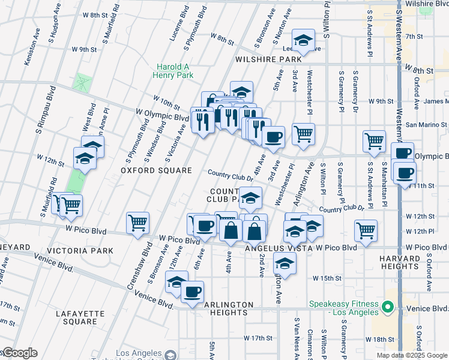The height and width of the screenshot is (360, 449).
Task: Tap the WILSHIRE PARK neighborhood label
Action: click(x=268, y=59)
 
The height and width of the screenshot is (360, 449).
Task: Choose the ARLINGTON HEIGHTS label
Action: click(x=226, y=308)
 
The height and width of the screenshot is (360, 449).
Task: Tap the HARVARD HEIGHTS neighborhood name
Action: click(x=416, y=262)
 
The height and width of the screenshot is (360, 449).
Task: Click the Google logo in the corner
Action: click(x=19, y=353)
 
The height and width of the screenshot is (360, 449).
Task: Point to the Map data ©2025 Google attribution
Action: click(x=412, y=355)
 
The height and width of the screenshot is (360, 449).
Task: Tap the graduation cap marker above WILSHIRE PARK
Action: click(x=303, y=40)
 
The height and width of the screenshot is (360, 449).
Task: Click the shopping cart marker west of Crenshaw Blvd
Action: click(x=137, y=223)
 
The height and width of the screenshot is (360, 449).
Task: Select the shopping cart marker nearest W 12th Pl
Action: click(x=365, y=229)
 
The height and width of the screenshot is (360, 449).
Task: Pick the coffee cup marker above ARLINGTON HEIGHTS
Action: click(x=192, y=292)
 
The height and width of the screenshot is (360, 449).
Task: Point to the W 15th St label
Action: click(x=327, y=278)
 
